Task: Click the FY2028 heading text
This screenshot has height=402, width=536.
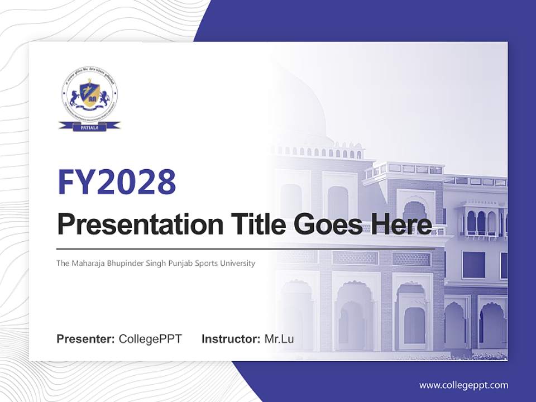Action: pyautogui.click(x=116, y=181)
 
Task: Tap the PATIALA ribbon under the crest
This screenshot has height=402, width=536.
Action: pyautogui.click(x=89, y=126)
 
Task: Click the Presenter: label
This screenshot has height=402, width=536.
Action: pyautogui.click(x=86, y=339)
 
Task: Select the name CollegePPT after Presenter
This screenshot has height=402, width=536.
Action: pyautogui.click(x=150, y=339)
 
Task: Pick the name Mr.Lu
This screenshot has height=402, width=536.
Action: pyautogui.click(x=279, y=339)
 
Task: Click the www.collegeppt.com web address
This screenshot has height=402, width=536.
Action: pyautogui.click(x=463, y=385)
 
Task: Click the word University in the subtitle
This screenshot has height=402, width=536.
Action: pyautogui.click(x=239, y=263)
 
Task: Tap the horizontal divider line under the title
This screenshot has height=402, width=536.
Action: pyautogui.click(x=246, y=248)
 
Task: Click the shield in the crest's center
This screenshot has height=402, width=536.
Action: pyautogui.click(x=89, y=94)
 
